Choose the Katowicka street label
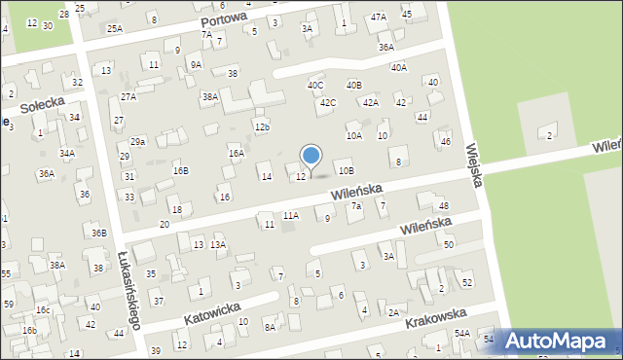click(212, 313)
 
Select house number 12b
click(261, 127)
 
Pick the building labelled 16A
click(236, 153)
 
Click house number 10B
click(347, 171)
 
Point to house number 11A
click(290, 215)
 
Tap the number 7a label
click(356, 206)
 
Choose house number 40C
click(315, 86)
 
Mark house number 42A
click(370, 102)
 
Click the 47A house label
click(378, 18)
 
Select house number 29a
click(138, 142)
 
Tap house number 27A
click(128, 97)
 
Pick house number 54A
click(461, 334)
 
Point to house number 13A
click(218, 244)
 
